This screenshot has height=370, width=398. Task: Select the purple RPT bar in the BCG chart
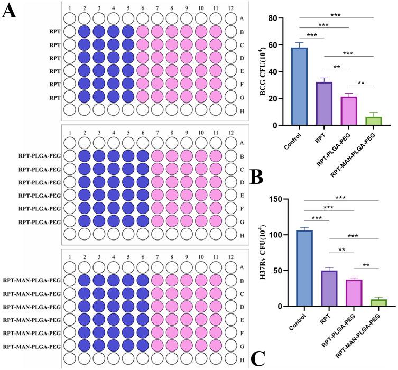click(x=324, y=104)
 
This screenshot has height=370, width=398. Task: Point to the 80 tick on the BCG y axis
click(x=280, y=18)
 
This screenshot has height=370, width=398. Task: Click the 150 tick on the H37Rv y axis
click(x=277, y=199)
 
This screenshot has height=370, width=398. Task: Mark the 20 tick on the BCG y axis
click(x=280, y=99)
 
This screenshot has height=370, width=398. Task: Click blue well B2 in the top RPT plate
click(x=84, y=31)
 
